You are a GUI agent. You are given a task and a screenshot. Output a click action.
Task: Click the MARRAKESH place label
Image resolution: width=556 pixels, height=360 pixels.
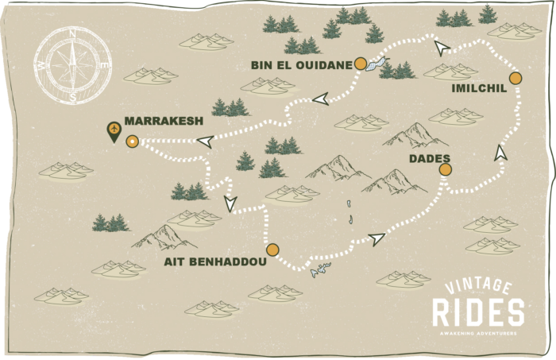click(164, 122)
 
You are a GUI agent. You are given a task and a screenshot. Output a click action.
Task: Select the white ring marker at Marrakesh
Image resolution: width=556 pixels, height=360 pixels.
click(132, 141)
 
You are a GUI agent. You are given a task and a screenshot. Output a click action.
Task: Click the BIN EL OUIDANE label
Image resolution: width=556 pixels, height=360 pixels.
click(301, 64)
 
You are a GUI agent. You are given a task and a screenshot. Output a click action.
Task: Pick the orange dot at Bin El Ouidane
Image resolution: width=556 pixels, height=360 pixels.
click(361, 63)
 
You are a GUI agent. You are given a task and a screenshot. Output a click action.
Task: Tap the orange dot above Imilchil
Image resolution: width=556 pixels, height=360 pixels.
click(515, 78)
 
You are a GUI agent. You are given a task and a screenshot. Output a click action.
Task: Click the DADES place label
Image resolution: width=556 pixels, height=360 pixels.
click(430, 159)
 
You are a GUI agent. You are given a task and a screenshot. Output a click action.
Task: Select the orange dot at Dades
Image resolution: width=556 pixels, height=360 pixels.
click(445, 169)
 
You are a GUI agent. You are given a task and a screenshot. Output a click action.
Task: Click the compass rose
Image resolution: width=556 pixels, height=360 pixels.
click(72, 64)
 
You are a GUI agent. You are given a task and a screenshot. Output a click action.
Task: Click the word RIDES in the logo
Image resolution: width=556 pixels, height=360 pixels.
click(478, 312)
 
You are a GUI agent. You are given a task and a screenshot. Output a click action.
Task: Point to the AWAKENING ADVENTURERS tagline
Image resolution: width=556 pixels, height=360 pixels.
click(478, 333)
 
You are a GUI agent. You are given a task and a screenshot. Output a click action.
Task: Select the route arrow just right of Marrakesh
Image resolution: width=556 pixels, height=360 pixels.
click(204, 141)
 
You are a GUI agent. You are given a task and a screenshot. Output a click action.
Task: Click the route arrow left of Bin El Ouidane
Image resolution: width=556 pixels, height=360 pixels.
click(320, 99)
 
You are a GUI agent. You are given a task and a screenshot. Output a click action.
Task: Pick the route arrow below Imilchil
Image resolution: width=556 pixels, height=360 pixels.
click(500, 153)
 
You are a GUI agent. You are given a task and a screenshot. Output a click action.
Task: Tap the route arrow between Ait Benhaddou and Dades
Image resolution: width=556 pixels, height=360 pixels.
click(376, 238)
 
